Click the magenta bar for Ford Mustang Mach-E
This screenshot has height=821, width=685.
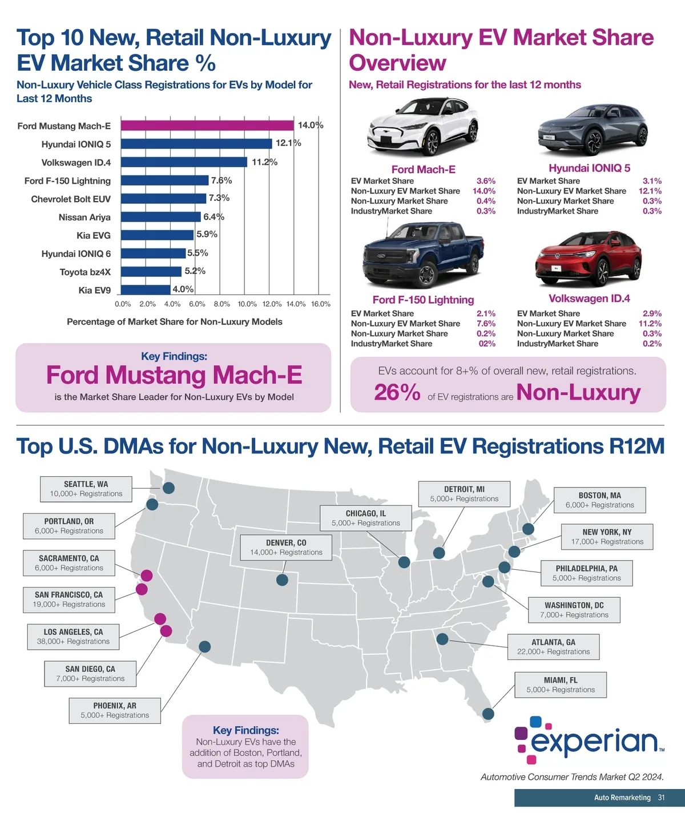click(x=207, y=126)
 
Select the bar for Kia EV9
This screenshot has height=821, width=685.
click(x=146, y=289)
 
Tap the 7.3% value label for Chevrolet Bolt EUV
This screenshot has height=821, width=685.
click(x=219, y=198)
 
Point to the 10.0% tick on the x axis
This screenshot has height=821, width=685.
click(x=247, y=304)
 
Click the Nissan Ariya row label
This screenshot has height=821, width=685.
click(x=84, y=217)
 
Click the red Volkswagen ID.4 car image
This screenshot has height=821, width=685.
click(x=589, y=260)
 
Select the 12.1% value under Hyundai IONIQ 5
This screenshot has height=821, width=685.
click(x=650, y=191)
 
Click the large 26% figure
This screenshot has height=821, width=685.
click(x=397, y=393)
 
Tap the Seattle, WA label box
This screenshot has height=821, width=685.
click(x=86, y=489)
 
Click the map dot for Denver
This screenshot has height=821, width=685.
click(x=282, y=580)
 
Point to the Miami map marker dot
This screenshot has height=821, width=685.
click(x=488, y=714)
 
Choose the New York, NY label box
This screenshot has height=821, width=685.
click(x=607, y=537)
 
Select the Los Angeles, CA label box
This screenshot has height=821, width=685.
click(x=74, y=637)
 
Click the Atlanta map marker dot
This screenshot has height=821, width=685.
click(x=442, y=638)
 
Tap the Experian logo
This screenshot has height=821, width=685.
click(x=589, y=740)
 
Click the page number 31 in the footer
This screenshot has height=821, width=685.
click(x=661, y=798)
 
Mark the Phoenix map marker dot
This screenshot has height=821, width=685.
click(x=205, y=647)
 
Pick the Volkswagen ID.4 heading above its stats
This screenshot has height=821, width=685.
click(x=589, y=299)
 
